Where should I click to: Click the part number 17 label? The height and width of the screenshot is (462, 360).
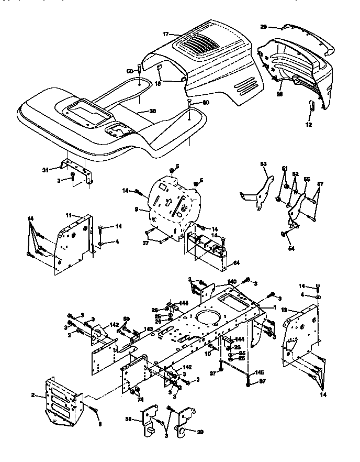[x=165, y=34]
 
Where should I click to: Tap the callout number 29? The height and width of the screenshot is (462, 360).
[x=264, y=26]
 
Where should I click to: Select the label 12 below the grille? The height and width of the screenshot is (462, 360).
[x=308, y=125]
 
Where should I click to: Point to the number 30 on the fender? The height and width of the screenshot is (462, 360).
[x=152, y=111]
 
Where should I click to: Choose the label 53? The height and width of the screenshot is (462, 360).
[x=263, y=164]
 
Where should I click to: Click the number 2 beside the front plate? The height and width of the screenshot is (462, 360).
[x=32, y=395]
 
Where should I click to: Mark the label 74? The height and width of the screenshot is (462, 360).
[x=140, y=399]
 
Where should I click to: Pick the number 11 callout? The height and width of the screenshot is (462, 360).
[x=68, y=215]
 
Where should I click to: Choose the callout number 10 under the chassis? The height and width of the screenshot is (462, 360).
[x=208, y=355]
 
